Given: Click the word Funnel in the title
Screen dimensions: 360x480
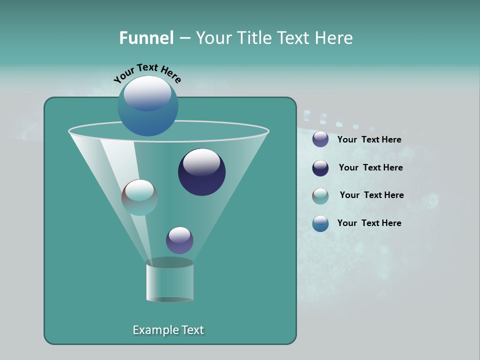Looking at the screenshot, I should (146, 38).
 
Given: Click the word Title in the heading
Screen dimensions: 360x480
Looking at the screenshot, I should (254, 38).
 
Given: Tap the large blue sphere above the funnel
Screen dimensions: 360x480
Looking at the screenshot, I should (148, 106).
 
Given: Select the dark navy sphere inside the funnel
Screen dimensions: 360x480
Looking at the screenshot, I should (202, 172).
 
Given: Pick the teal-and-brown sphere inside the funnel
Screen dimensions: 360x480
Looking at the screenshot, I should (139, 197).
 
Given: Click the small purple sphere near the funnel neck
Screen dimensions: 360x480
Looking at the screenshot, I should (179, 240).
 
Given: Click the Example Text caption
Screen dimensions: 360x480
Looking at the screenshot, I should (168, 330).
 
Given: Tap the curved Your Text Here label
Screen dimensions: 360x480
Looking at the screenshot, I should (147, 72).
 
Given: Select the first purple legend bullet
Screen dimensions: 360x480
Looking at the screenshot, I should (320, 139).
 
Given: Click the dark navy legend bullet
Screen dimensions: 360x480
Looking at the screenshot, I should (320, 168).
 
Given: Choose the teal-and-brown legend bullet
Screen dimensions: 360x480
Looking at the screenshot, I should (320, 196).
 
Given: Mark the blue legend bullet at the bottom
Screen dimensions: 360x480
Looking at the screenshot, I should (320, 223).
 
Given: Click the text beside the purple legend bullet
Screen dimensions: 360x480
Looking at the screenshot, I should (369, 140).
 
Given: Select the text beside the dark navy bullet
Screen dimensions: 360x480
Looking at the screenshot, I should (370, 168).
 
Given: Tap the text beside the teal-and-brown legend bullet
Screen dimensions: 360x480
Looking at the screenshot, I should (371, 195).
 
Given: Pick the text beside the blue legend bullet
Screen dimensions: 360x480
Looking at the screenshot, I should (369, 223).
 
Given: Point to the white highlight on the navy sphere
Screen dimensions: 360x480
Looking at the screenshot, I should (202, 162).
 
